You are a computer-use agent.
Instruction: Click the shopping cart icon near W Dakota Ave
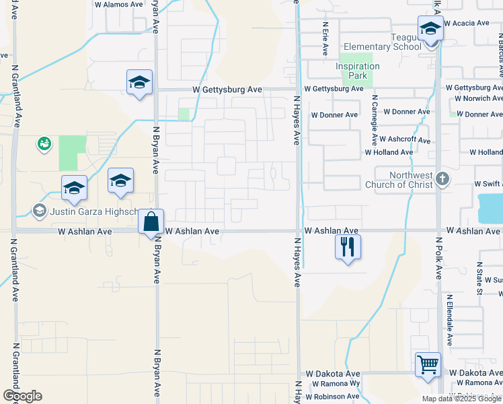(x=428, y=365)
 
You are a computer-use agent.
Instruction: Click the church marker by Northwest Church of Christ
(x=442, y=179)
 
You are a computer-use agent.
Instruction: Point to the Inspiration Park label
(x=358, y=71)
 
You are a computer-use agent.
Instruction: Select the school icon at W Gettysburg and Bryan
(x=139, y=82)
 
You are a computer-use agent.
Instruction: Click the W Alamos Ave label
(x=119, y=4)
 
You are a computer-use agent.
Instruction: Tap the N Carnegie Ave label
(x=375, y=120)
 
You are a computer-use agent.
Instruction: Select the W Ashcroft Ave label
(x=404, y=139)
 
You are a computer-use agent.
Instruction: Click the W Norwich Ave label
(x=477, y=98)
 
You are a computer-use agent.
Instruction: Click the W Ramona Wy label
(x=336, y=384)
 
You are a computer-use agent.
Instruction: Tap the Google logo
(x=22, y=396)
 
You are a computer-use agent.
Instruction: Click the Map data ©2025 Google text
(x=462, y=399)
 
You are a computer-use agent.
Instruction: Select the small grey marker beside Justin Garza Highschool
(x=39, y=211)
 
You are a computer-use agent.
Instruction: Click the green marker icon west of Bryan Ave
(x=45, y=143)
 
